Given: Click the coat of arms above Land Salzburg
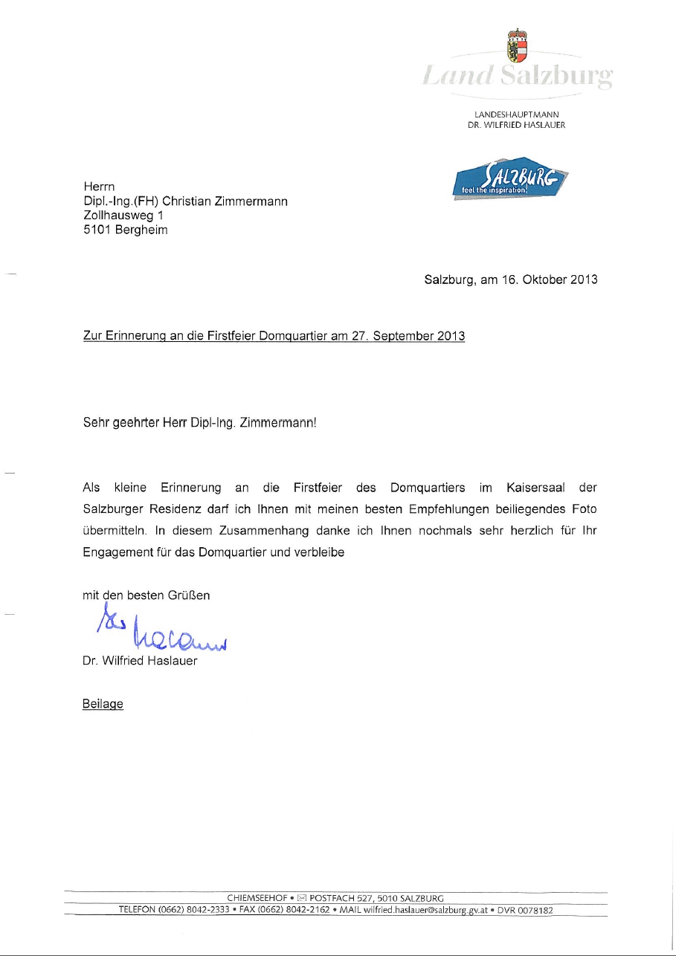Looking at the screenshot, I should point(514,45).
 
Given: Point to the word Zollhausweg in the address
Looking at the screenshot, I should point(115,216).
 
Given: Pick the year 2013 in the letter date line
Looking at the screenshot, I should point(583,280).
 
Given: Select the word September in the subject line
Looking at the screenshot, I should point(402,336).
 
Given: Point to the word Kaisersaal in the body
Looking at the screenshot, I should point(535,488).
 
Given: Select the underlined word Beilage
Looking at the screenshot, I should point(103,704).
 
